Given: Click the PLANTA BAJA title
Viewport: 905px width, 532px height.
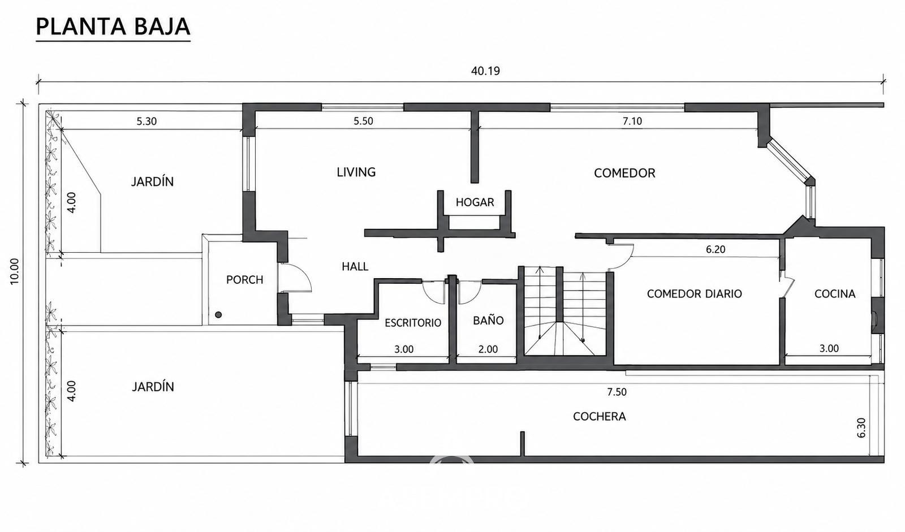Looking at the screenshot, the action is (113, 27).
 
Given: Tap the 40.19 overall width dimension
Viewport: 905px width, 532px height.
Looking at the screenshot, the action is (485, 71).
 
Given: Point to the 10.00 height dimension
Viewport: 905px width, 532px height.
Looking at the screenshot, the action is (15, 271).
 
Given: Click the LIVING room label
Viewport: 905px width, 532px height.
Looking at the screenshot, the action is (356, 172).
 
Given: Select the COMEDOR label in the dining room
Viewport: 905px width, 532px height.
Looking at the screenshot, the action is (624, 173).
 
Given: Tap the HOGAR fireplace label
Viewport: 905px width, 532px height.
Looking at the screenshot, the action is (475, 202).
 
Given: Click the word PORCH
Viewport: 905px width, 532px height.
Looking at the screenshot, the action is (244, 279).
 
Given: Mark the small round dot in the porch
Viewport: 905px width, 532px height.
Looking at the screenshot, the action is (218, 315).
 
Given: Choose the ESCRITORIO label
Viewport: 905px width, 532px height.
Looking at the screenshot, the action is (413, 323).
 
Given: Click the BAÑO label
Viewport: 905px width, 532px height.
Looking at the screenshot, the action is (488, 321).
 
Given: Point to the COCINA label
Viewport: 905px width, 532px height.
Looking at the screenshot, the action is (835, 293).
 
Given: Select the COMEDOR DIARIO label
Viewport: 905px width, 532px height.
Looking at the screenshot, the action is (694, 293).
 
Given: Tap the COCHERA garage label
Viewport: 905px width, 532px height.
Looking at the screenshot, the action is (599, 417).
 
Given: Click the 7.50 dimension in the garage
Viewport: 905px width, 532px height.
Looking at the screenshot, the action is (617, 392).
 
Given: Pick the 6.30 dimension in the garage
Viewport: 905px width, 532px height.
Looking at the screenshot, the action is (861, 428).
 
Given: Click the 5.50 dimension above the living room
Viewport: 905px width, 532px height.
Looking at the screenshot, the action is (363, 121).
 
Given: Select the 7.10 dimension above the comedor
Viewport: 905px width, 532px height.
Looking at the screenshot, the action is (632, 121).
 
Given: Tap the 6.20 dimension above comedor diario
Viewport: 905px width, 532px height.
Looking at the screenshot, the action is (716, 249).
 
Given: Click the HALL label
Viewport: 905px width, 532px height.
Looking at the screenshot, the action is (355, 266).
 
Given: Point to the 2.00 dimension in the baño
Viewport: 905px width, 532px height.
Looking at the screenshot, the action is (488, 349).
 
